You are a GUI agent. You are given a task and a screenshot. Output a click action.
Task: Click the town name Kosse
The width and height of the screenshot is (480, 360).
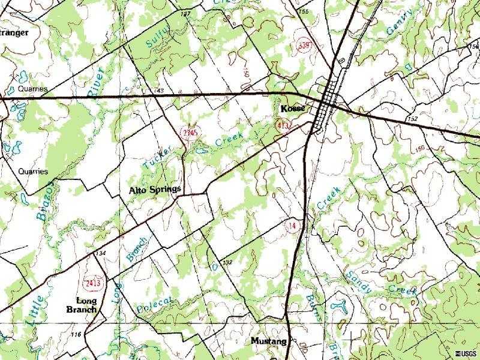point(293,109)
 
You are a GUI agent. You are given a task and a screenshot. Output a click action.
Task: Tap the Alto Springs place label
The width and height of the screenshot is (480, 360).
point(155,190)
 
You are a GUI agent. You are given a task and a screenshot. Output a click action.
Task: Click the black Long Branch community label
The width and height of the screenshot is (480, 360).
point(82,305)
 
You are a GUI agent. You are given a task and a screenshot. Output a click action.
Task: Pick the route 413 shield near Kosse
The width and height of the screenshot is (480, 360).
point(282,125)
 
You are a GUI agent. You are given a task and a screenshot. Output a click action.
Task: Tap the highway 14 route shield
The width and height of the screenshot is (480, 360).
point(292,226)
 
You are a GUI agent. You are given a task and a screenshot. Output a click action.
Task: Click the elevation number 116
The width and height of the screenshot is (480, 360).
point(76,334)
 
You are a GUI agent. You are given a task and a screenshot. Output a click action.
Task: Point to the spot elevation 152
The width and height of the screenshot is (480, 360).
point(412,119)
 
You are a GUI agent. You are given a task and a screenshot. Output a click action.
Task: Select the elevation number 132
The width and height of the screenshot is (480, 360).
point(227,262)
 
